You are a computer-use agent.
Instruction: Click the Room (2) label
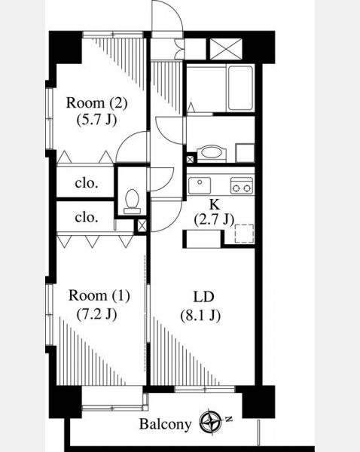point(96,103)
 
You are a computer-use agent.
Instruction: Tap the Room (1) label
point(99,296)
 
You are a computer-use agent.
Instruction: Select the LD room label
point(203,297)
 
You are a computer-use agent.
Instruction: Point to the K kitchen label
point(214,204)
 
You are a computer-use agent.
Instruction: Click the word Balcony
point(165,424)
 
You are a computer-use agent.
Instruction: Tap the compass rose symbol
point(211,422)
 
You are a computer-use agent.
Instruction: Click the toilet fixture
point(133,201)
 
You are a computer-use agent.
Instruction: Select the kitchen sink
point(200,185)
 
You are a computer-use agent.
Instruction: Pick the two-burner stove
point(242,185)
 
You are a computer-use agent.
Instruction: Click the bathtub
point(241,88)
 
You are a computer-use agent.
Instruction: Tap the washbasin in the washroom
point(212,154)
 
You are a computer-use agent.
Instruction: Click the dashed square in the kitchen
point(244,234)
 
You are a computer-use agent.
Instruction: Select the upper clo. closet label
point(87,183)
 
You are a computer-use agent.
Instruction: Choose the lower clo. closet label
point(87,217)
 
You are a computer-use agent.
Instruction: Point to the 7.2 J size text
point(96,314)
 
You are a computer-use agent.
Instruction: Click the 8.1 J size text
point(200,316)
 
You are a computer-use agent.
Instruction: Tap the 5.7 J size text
point(96,119)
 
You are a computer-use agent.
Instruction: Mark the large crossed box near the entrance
point(226,49)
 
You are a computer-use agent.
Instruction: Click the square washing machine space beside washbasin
point(245,153)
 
